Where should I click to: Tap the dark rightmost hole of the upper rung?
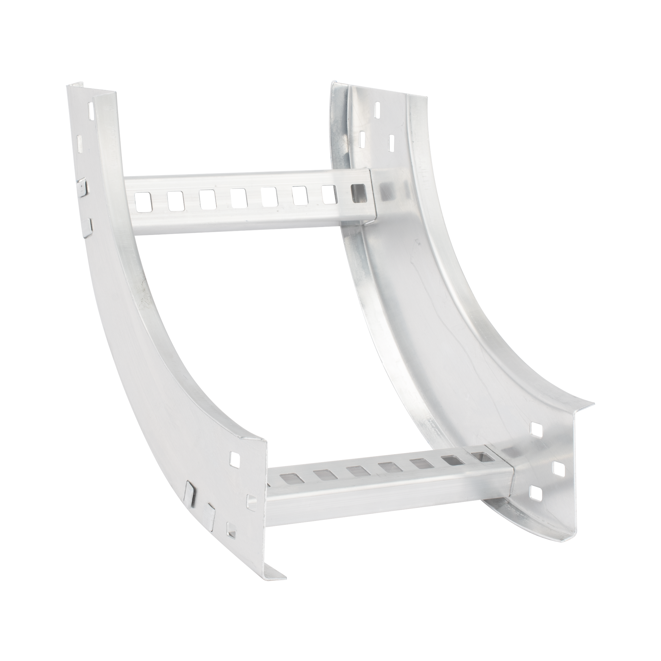tap(360, 194)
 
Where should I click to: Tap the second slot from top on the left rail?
tap(79, 144)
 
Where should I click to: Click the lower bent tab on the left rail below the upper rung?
tap(88, 224)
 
